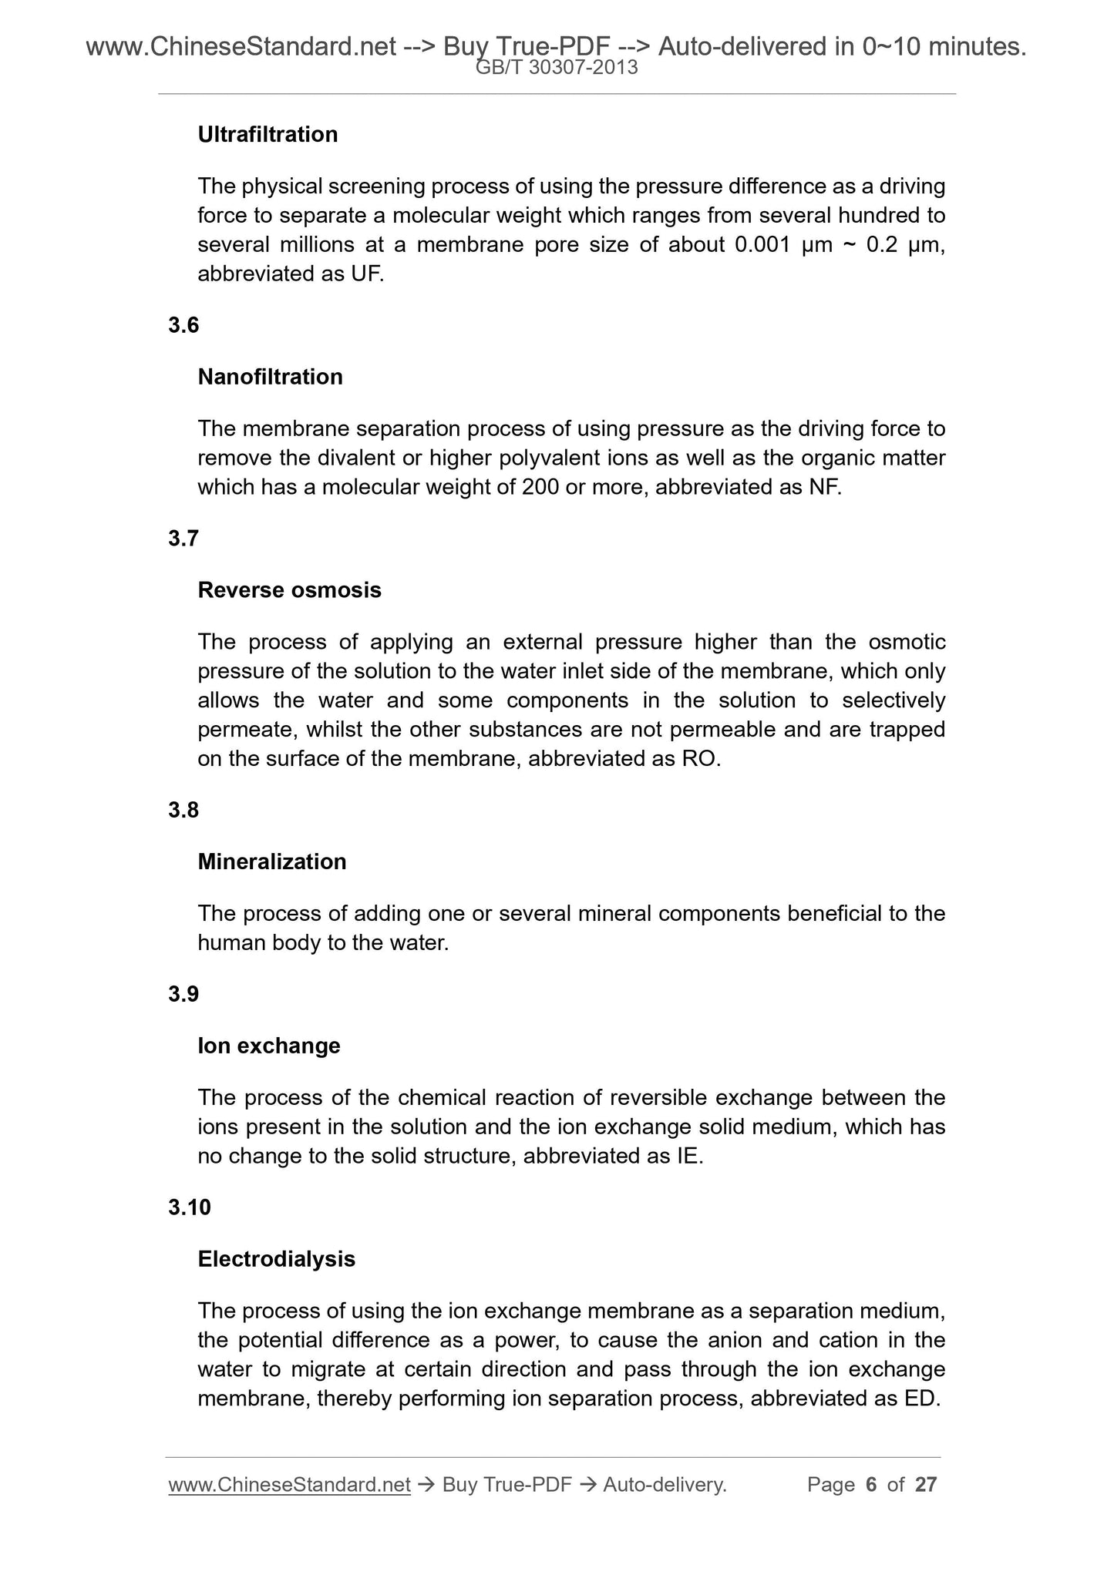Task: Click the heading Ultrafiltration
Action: click(x=268, y=135)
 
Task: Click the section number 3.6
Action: click(x=183, y=325)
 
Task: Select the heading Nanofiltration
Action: click(x=270, y=377)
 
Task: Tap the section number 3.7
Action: click(x=183, y=539)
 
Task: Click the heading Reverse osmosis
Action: click(x=289, y=590)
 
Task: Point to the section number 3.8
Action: click(x=183, y=810)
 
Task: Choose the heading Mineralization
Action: click(x=271, y=861)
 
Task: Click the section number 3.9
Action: click(x=183, y=995)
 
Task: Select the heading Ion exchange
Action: click(x=268, y=1046)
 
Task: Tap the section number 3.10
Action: click(x=189, y=1207)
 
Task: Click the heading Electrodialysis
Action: click(x=276, y=1259)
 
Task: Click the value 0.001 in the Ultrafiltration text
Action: click(x=762, y=245)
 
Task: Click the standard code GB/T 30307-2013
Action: click(x=557, y=68)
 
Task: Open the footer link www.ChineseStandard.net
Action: click(x=289, y=1485)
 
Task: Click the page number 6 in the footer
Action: click(x=871, y=1485)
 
